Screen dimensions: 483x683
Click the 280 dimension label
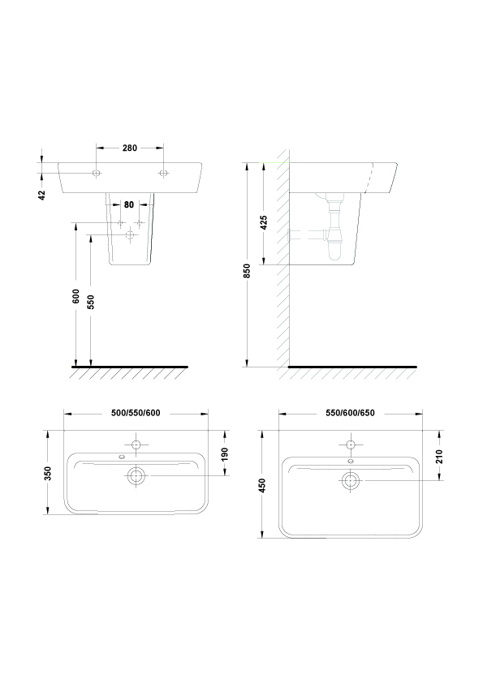(x=129, y=148)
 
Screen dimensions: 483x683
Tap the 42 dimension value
(x=42, y=195)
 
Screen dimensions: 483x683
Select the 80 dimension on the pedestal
(x=129, y=204)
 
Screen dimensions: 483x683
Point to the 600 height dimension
(x=75, y=296)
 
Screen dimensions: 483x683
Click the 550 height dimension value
(x=91, y=303)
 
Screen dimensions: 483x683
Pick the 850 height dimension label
(x=247, y=271)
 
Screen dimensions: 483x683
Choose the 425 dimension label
(x=263, y=222)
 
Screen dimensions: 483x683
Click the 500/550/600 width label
(x=136, y=413)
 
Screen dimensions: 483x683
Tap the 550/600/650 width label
(x=350, y=413)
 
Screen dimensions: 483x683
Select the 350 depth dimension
(x=48, y=473)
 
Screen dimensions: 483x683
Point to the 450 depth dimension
(x=262, y=485)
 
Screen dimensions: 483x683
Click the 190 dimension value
(x=225, y=454)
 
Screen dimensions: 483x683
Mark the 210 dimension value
(x=439, y=457)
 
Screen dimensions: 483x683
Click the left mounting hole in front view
(x=97, y=173)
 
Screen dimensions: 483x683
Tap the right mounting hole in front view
(x=163, y=173)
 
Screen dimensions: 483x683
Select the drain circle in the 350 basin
(x=136, y=475)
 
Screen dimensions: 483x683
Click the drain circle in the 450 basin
(x=351, y=480)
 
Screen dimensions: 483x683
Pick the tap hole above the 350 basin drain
(x=136, y=445)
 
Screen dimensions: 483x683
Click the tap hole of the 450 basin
(x=351, y=445)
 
